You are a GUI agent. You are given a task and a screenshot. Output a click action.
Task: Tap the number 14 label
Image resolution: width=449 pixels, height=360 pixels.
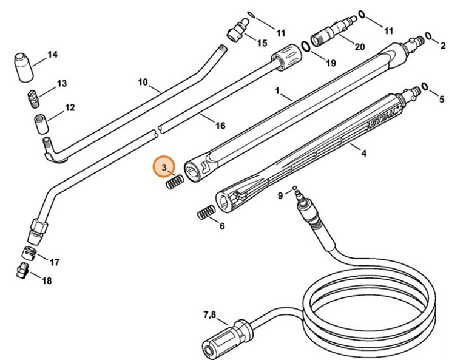[x=52, y=55]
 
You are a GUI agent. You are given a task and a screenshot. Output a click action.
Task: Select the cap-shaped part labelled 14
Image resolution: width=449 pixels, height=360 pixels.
[x=23, y=66]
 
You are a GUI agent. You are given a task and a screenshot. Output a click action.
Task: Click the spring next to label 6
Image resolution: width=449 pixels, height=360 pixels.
[x=206, y=213]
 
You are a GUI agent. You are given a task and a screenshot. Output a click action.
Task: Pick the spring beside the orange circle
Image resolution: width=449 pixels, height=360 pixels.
[x=175, y=182]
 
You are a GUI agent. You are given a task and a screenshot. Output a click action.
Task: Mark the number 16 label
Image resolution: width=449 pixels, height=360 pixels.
[x=220, y=126]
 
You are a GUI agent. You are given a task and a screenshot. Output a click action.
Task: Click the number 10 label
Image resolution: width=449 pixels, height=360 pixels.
[x=143, y=82]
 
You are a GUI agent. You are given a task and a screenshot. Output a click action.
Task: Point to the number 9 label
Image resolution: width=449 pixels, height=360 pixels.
[x=280, y=195]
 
